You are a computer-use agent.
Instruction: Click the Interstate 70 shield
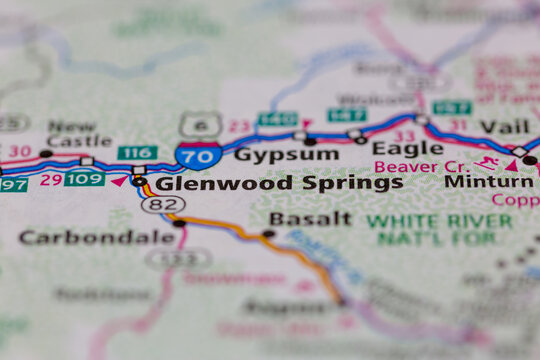click(x=198, y=155)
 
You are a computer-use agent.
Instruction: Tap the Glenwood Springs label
click(x=279, y=183)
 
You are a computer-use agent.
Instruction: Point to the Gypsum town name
click(x=272, y=154)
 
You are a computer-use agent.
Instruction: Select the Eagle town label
click(x=393, y=148)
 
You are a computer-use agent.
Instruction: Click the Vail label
click(x=503, y=126)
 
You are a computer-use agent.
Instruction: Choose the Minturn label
click(x=489, y=182)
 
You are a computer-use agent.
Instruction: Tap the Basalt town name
click(x=309, y=218)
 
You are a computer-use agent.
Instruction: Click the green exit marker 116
click(x=136, y=152)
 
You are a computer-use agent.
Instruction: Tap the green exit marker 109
click(x=84, y=179)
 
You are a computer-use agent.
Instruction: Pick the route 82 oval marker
click(x=163, y=204)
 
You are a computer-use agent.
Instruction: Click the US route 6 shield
click(x=200, y=124)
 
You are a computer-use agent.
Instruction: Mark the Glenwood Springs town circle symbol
click(x=139, y=182)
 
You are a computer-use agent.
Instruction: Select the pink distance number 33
click(x=404, y=135)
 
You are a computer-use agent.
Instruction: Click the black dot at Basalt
click(x=268, y=234)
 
